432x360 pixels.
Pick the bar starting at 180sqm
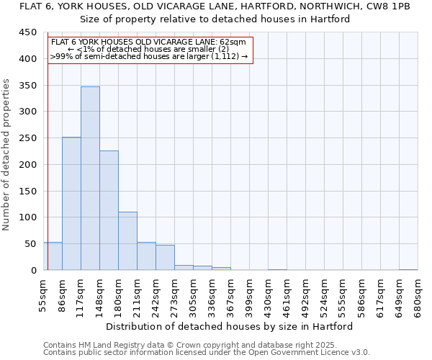127,241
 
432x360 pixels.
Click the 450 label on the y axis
27,32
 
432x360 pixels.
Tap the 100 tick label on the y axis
27,217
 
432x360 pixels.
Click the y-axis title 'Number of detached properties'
7,154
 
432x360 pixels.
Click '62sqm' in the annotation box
234,42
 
